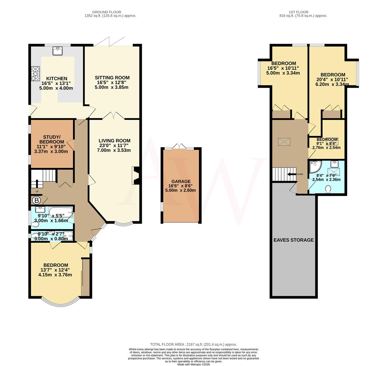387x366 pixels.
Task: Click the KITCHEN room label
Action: pyautogui.click(x=56, y=78)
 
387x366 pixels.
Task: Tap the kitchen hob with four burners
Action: pyautogui.click(x=36, y=74)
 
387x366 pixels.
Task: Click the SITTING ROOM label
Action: pyautogui.click(x=112, y=78)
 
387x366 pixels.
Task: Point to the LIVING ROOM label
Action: pyautogui.click(x=114, y=141)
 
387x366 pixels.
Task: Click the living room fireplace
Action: pyautogui.click(x=136, y=175)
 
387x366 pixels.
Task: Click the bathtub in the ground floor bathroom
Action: pyautogui.click(x=61, y=212)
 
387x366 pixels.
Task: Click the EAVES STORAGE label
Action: pyautogui.click(x=293, y=240)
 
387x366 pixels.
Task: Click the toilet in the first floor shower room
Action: pyautogui.click(x=327, y=189)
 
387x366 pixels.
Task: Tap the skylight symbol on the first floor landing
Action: pyautogui.click(x=283, y=142)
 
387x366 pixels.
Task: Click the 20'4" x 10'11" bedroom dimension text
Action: pyautogui.click(x=333, y=80)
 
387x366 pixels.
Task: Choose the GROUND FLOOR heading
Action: pyautogui.click(x=110, y=12)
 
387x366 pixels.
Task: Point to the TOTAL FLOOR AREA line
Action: pyautogui.click(x=193, y=344)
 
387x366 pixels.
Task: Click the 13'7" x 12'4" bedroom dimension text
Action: pyautogui.click(x=55, y=270)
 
